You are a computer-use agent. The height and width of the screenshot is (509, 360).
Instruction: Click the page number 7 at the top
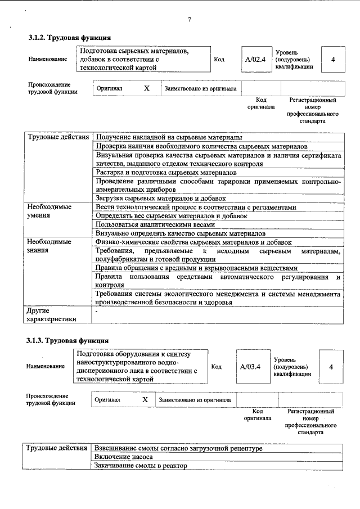point(190,20)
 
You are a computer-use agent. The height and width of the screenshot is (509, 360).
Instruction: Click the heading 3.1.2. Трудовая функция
point(66,38)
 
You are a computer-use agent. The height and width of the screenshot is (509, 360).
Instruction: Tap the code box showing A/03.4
point(250,367)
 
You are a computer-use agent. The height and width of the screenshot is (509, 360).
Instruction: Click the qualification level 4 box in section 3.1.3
point(331,367)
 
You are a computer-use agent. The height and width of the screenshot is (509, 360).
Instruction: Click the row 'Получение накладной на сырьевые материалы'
point(169,137)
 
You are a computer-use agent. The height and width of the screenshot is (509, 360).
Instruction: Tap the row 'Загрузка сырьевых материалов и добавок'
point(161,199)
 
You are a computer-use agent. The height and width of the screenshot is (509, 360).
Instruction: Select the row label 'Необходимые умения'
point(49,211)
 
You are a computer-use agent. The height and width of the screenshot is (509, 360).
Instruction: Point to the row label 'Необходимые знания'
point(49,246)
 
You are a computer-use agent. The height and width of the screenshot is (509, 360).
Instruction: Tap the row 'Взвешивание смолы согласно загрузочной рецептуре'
point(178,449)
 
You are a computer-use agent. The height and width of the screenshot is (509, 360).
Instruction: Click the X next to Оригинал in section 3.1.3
point(145,399)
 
